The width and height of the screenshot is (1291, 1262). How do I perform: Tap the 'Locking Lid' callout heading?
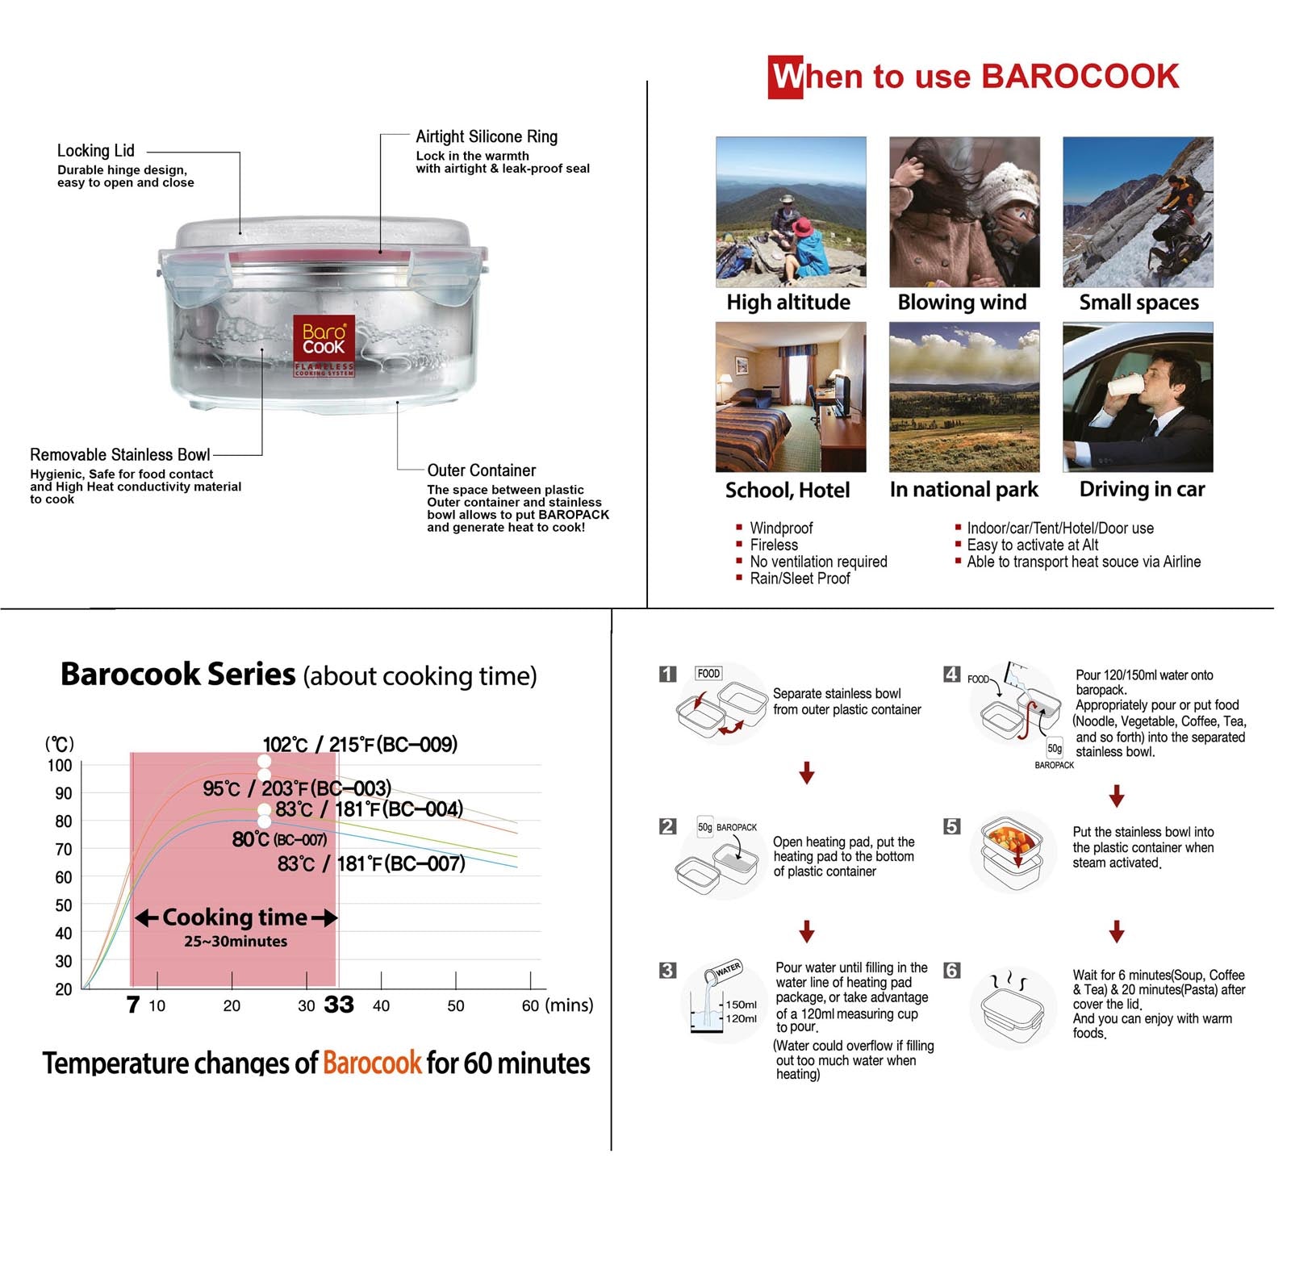coord(95,151)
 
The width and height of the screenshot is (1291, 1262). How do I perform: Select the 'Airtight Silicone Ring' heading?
coord(487,136)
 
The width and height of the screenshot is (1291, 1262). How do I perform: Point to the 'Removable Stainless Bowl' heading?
coord(119,455)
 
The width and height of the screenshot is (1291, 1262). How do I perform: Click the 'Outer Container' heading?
coord(481,470)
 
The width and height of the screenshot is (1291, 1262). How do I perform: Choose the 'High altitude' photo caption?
coord(788,303)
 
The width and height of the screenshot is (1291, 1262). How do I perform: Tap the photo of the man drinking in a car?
coord(1138,397)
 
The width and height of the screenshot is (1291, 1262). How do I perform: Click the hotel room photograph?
coord(791,397)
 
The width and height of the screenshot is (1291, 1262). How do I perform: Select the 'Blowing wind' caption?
coord(962,303)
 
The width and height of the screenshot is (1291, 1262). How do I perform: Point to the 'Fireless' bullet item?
coord(774,545)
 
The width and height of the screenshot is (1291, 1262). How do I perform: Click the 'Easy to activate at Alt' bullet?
coord(1032,545)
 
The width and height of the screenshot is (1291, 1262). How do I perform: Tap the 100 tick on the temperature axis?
coord(60,765)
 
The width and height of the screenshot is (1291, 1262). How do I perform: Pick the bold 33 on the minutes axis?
coord(339,1005)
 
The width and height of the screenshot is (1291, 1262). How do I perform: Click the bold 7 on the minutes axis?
coord(133,1005)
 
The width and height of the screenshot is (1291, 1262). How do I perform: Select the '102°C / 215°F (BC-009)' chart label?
coord(360,744)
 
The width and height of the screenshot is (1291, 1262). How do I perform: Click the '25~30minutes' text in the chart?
coord(236,941)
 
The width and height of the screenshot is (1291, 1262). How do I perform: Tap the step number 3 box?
coord(667,970)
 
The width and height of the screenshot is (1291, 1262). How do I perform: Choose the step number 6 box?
coord(952,970)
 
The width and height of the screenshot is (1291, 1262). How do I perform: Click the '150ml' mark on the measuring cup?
coord(741,1005)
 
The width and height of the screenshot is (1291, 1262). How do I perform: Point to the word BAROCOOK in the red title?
coord(1080,77)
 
